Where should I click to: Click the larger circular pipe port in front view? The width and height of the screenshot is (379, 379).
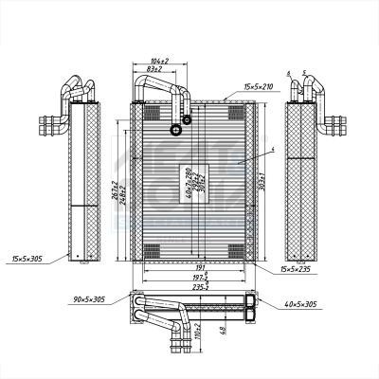pyautogui.click(x=175, y=130)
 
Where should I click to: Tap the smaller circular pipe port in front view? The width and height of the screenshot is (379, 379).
pyautogui.click(x=187, y=119)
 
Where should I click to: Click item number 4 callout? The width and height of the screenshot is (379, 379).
pyautogui.click(x=271, y=150)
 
